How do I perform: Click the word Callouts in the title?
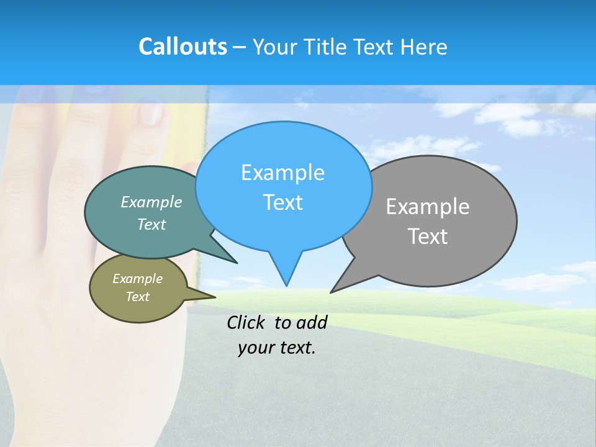pos(183,47)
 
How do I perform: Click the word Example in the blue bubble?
pos(282,173)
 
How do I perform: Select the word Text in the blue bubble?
pos(282,202)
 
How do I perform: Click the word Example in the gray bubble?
pos(428,207)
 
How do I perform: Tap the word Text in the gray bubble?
pos(428,237)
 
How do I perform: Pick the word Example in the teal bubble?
pos(151,202)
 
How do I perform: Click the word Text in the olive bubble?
pos(138,297)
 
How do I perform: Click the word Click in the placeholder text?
pos(246,322)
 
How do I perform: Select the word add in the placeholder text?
pos(312,322)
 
